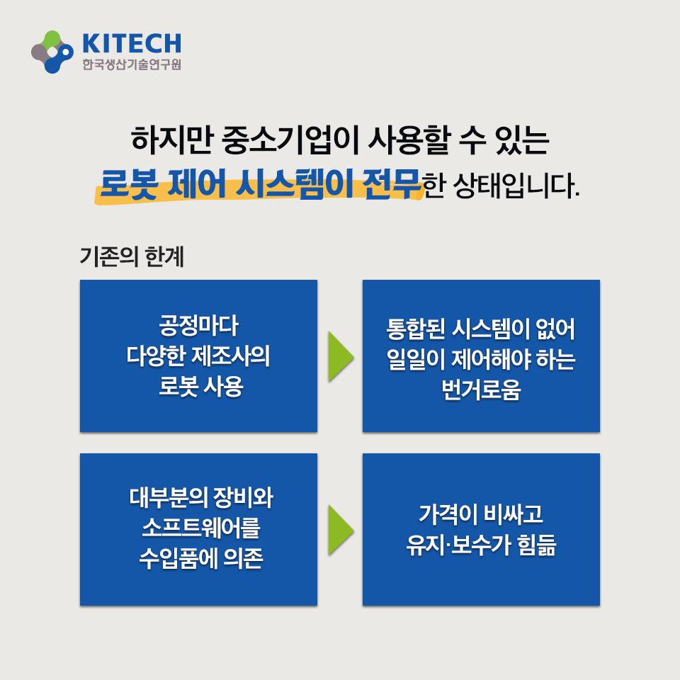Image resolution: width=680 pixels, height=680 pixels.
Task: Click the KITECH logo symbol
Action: [x=52, y=52]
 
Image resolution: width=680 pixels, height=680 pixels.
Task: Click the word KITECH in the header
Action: [x=132, y=43]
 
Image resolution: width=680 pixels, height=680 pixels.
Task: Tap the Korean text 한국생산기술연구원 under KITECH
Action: [x=132, y=64]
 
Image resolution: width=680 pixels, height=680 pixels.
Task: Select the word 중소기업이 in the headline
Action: [x=290, y=140]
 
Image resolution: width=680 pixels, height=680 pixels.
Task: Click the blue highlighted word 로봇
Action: [x=129, y=184]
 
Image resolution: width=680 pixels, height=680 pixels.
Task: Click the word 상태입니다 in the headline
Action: [x=516, y=186]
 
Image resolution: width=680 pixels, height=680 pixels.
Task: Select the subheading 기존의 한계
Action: [x=132, y=256]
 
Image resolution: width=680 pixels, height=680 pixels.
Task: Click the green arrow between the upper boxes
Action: [x=341, y=356]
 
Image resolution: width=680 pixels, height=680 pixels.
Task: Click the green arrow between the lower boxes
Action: [x=341, y=530]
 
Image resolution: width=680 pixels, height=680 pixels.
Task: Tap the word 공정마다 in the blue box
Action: [x=198, y=325]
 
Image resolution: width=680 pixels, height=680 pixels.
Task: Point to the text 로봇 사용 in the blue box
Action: [x=200, y=386]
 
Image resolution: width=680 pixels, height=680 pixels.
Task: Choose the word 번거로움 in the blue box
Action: [x=481, y=390]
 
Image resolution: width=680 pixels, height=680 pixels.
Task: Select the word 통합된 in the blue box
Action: [x=416, y=329]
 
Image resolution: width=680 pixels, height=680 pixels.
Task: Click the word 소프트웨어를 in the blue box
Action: [x=200, y=528]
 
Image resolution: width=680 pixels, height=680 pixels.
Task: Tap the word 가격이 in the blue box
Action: [x=447, y=514]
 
